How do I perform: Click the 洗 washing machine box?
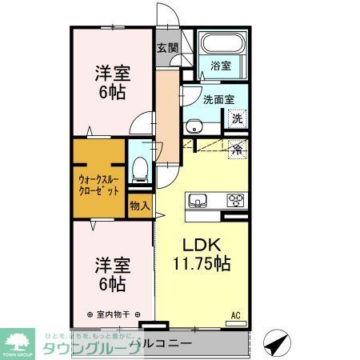coord(237,119)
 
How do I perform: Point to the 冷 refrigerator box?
coord(237,149)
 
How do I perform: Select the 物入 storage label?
coord(139,206)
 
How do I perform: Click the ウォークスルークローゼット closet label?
coord(98,186)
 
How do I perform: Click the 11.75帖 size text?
coord(200,263)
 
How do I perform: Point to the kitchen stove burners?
coord(236,200)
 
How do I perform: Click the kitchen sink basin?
coord(198,200)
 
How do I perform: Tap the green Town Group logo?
coord(18,342)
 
